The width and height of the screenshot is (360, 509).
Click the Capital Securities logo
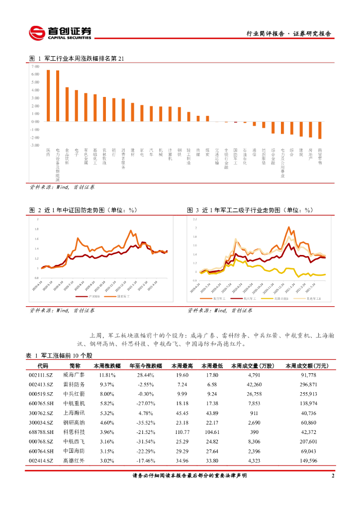pos(60,33)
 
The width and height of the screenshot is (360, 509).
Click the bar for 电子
pos(77,105)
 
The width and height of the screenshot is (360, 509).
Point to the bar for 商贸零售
pos(320,130)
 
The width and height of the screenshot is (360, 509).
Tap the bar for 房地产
pos(310,129)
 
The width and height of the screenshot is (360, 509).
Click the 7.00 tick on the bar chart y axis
pos(35,66)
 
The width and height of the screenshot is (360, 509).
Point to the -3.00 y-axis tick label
pos(35,145)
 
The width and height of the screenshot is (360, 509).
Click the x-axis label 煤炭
pos(207,152)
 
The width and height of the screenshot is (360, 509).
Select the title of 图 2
pos(83,210)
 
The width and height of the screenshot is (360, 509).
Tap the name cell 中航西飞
pos(74,441)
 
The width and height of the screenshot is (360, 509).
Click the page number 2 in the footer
pos(333,476)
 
